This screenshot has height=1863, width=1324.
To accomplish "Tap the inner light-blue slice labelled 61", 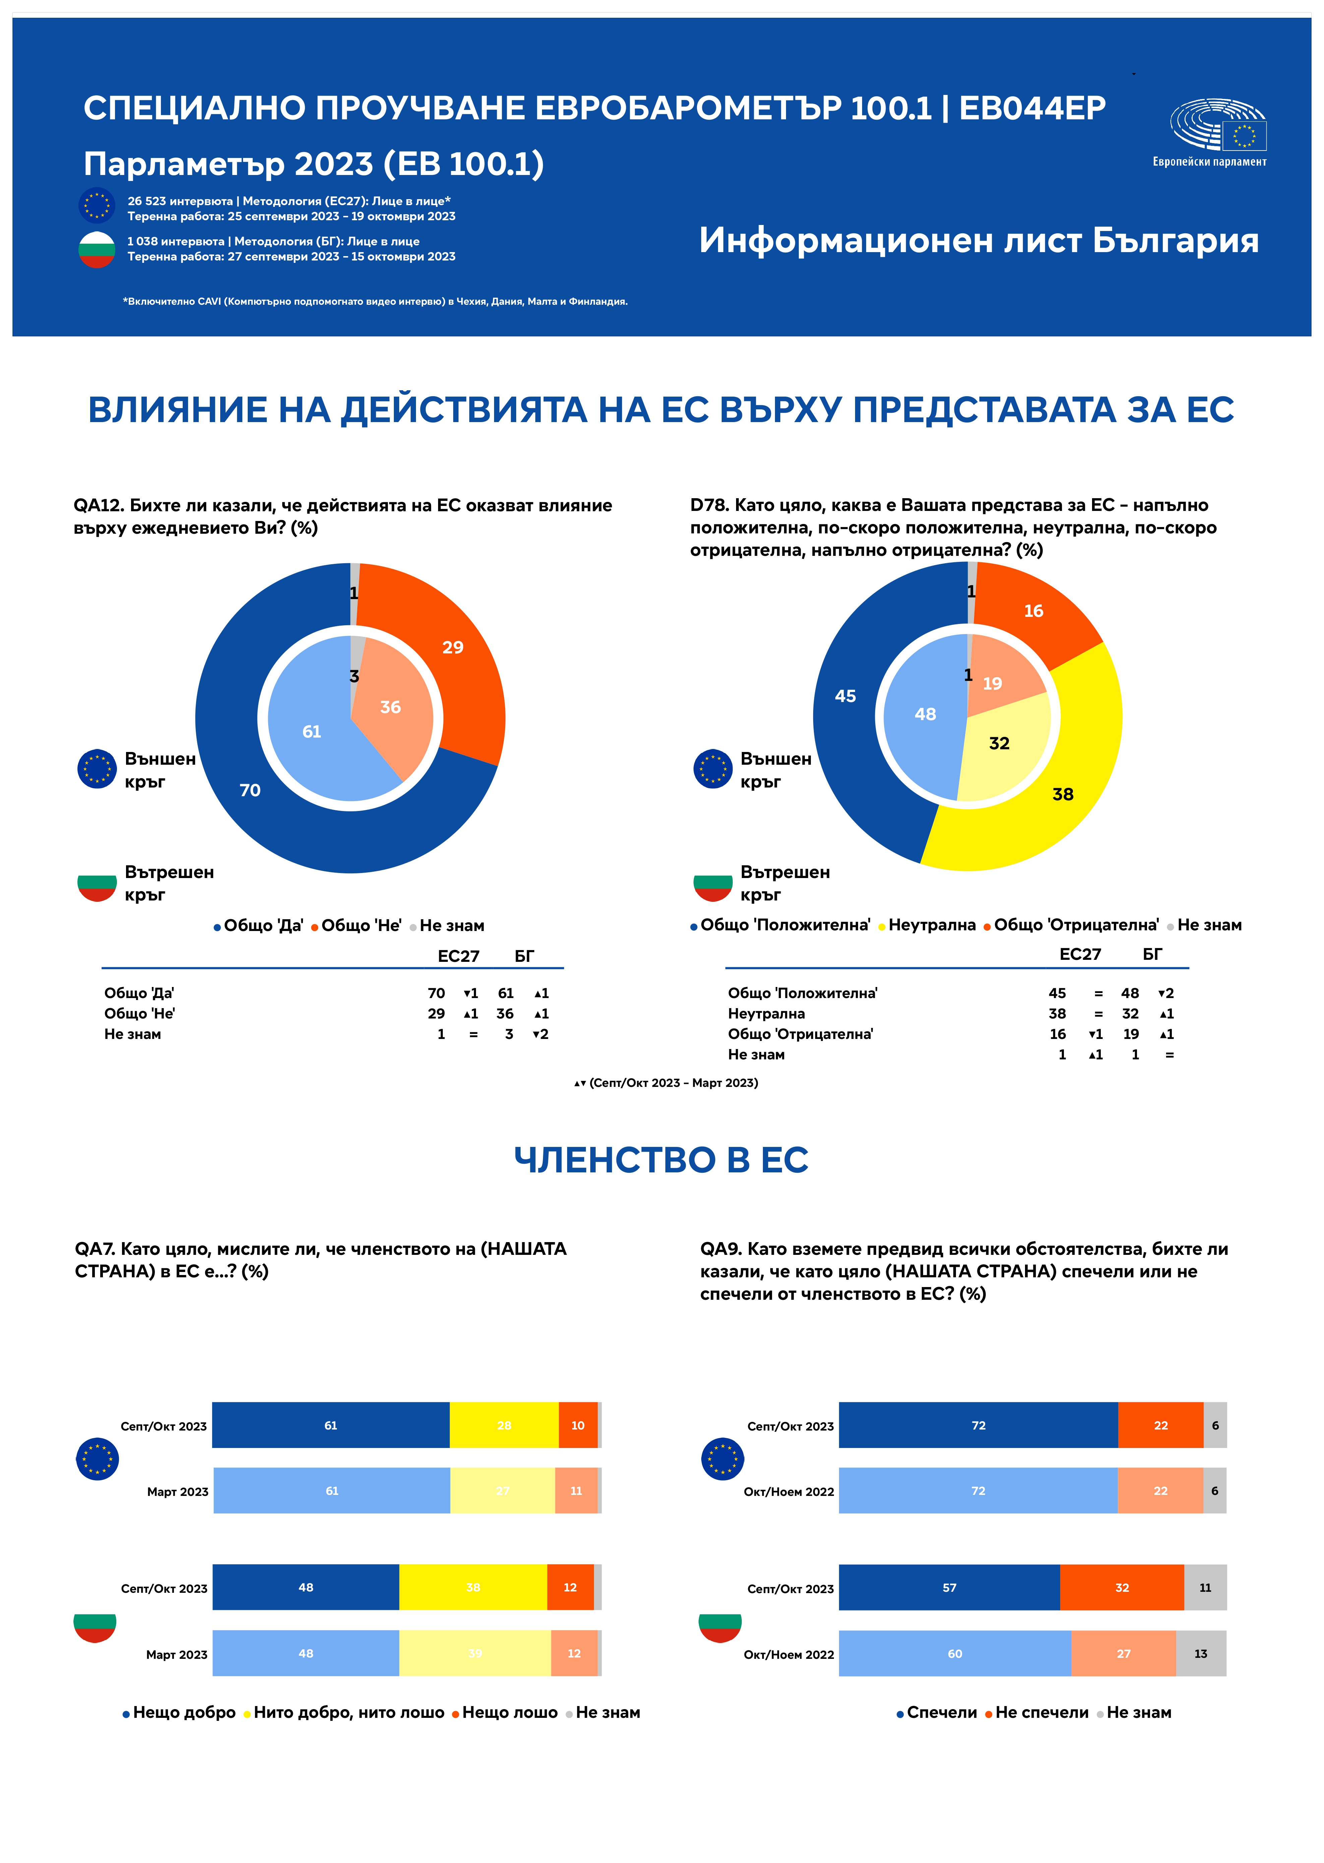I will tap(312, 731).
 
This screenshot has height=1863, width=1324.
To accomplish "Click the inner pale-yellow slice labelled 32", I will tap(1000, 743).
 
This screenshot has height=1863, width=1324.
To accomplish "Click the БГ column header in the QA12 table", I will tap(524, 955).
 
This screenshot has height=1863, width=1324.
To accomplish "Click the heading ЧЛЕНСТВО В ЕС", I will tap(661, 1159).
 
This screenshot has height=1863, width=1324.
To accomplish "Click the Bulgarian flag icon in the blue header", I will tap(97, 249).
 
